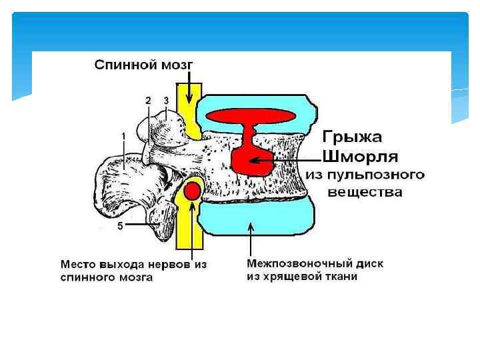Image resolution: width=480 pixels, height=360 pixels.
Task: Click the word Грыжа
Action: (x=353, y=138)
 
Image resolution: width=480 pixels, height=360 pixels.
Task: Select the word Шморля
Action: (x=361, y=157)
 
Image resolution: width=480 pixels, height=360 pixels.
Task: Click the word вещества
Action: (x=366, y=193)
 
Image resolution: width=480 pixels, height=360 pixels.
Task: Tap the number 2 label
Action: (x=148, y=100)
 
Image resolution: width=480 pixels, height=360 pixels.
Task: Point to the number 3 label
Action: (x=166, y=100)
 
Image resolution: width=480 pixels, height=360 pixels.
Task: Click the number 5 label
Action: (x=120, y=226)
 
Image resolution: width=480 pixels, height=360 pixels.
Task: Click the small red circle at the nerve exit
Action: (x=192, y=191)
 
